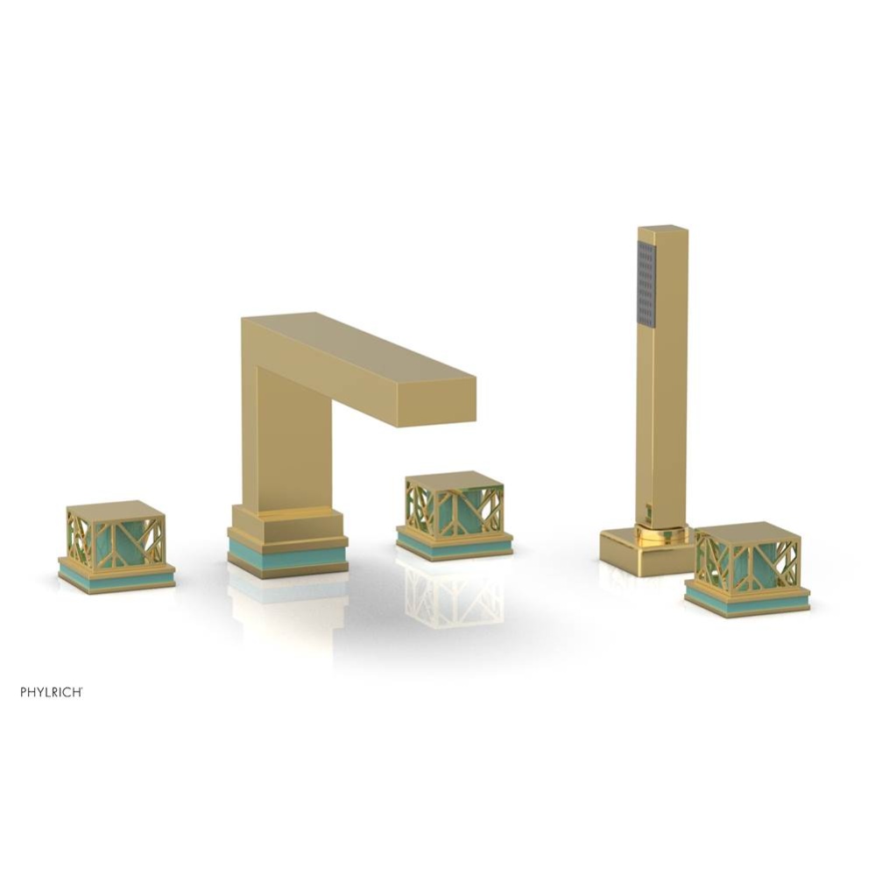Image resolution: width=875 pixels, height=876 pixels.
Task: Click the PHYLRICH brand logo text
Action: pos(52,692)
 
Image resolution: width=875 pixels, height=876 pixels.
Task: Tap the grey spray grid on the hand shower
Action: pos(646,284)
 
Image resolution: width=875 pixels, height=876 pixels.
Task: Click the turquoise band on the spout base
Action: pos(287,556)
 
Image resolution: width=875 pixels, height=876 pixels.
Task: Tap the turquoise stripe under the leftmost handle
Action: pos(116,579)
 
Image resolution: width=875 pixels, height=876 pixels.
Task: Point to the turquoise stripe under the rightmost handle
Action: pos(746,602)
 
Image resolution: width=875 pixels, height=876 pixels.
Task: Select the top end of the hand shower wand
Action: pos(663,230)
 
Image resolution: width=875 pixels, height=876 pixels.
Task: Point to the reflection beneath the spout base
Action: pos(286,604)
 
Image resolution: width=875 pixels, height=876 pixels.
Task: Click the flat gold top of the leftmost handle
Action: pos(116,511)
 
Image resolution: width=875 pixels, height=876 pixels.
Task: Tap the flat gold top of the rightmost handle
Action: pos(747,532)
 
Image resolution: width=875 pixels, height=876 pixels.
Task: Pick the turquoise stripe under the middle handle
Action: pos(454,547)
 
